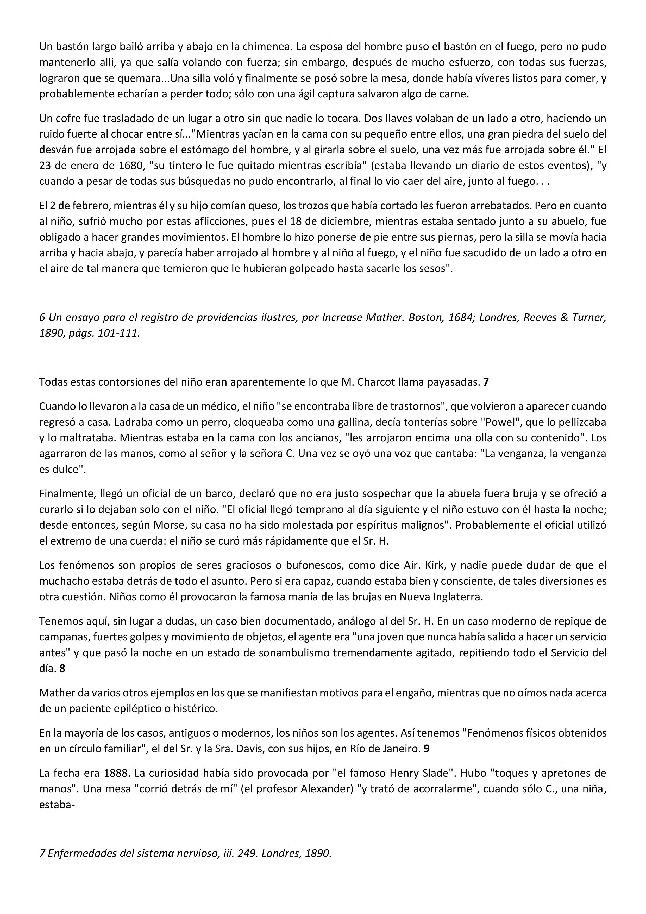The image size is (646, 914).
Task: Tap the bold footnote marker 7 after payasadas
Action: coord(486,382)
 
